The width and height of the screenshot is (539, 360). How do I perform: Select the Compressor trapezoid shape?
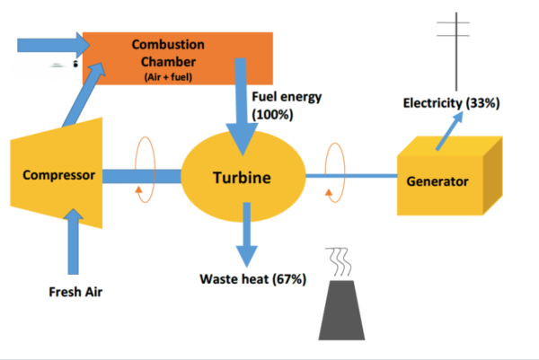[58, 176]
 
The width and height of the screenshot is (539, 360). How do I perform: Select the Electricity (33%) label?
[451, 104]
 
